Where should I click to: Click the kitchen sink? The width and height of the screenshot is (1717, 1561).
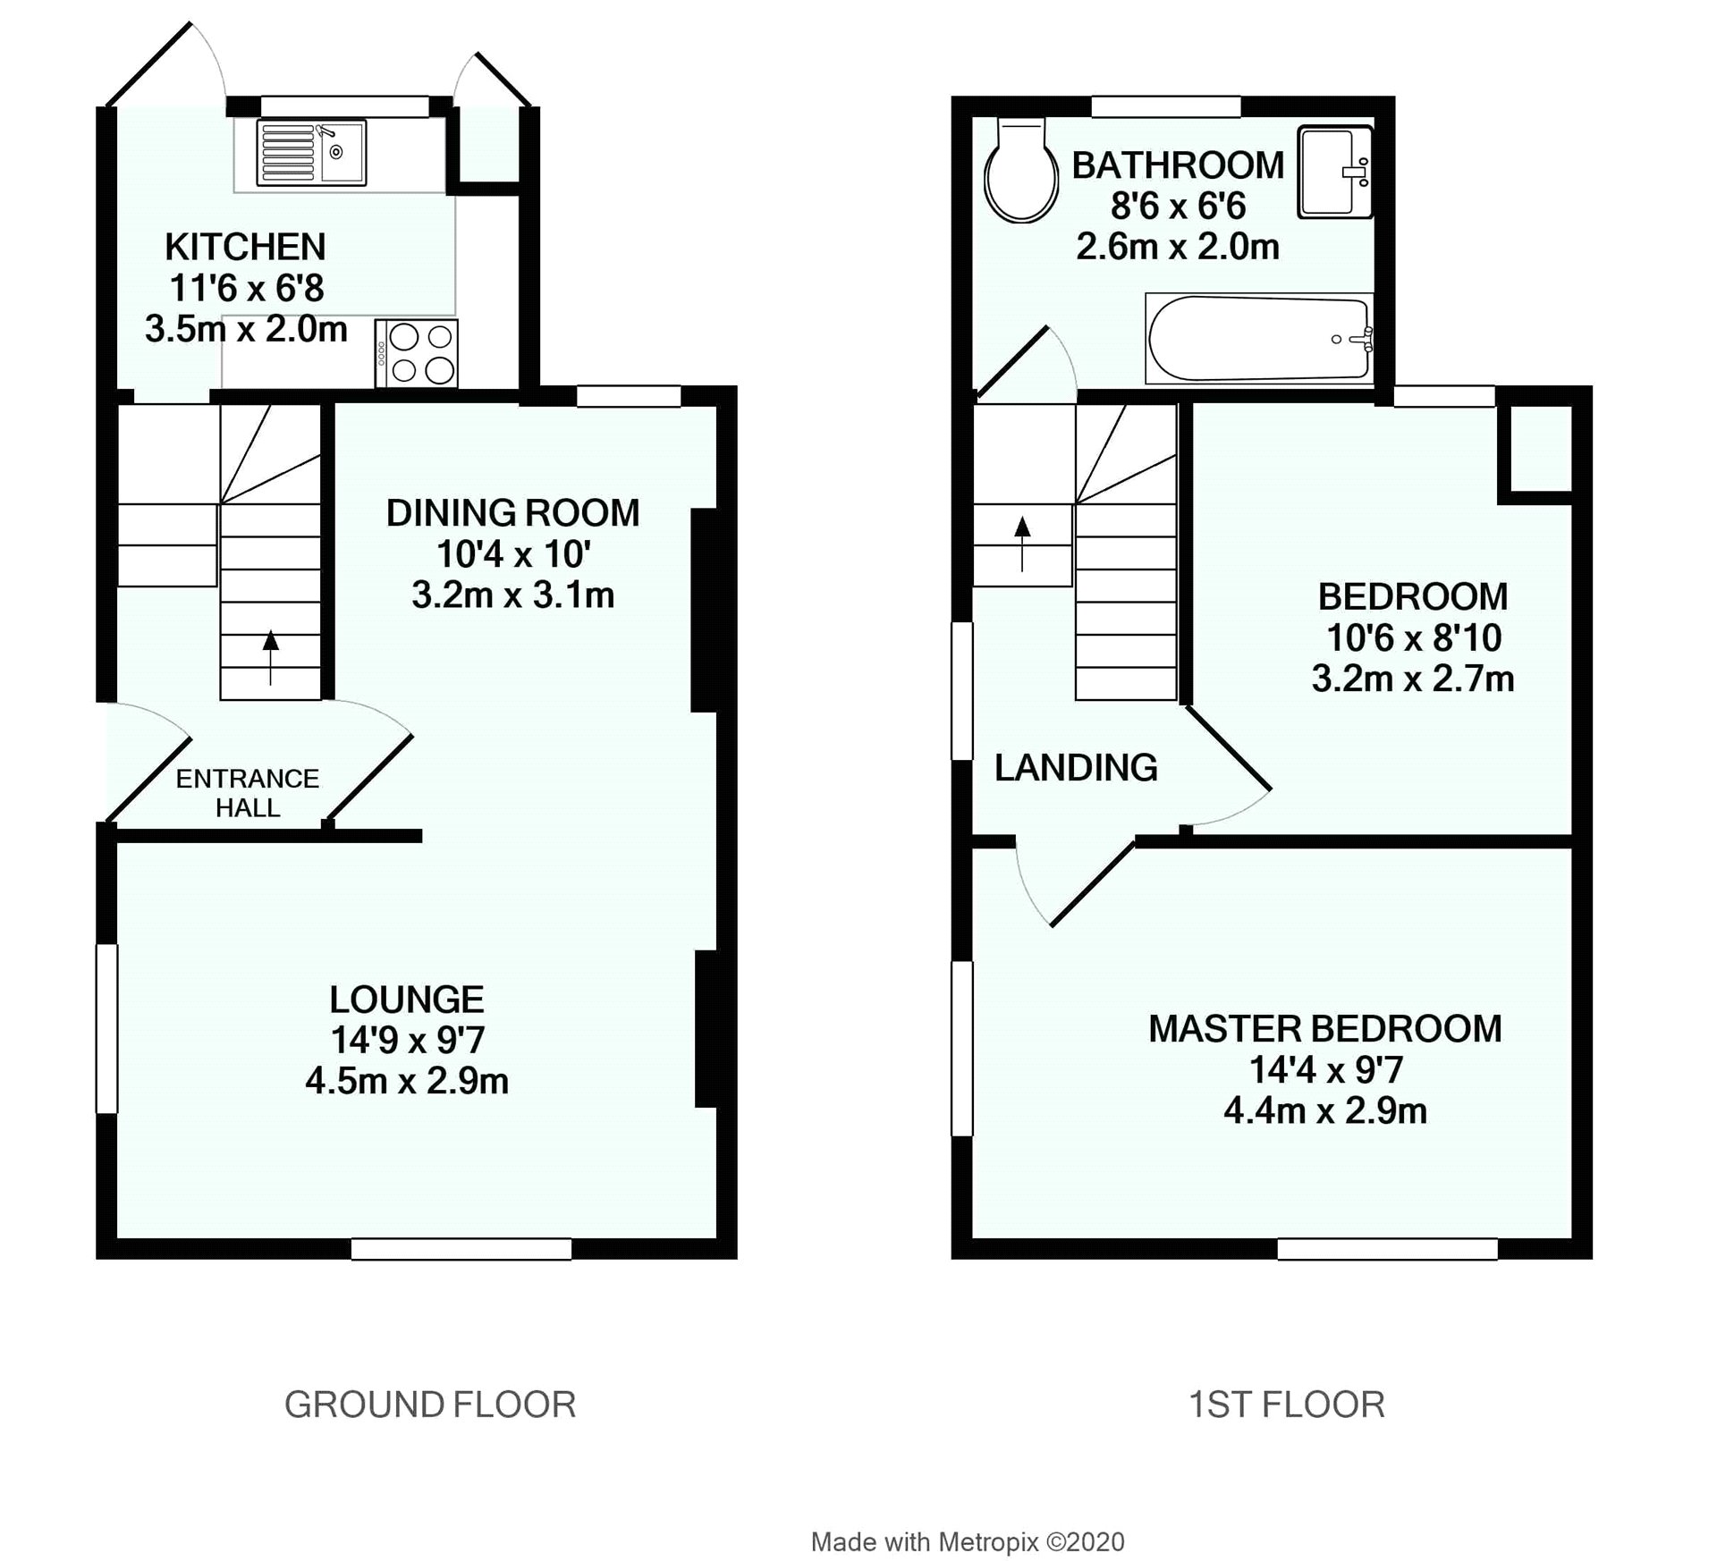click(312, 153)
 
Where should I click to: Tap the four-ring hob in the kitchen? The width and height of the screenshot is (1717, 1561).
click(417, 353)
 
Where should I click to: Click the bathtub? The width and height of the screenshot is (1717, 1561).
click(1258, 339)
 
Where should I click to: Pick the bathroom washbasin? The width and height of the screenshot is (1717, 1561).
click(1333, 172)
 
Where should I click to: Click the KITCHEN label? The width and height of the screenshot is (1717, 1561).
click(245, 247)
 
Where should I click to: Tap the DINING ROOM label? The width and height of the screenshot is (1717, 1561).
click(512, 513)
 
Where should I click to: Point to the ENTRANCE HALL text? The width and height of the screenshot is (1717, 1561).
click(248, 793)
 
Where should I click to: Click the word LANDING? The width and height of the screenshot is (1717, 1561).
click(1076, 768)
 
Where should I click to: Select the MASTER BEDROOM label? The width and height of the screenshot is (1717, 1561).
click(1324, 1029)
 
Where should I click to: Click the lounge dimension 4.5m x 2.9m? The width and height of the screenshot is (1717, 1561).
click(407, 1082)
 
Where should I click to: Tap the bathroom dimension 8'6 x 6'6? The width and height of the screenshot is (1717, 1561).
click(1178, 207)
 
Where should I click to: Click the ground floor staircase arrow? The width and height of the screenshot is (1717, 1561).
click(270, 657)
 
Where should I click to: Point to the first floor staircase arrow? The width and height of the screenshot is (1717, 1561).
click(1022, 543)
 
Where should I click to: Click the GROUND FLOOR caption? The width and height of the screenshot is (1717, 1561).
click(430, 1405)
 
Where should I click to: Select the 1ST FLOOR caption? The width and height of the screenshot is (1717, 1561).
click(1286, 1405)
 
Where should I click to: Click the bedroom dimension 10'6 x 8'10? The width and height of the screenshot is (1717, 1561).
click(1413, 638)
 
